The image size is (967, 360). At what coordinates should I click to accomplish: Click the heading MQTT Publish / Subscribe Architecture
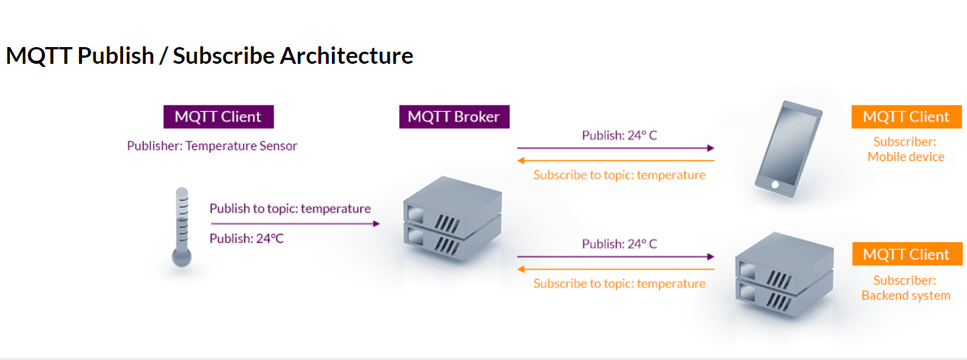pos(209,56)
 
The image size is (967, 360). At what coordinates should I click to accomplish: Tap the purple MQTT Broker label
pos(453,116)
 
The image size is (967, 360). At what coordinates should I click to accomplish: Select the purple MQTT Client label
pos(218,116)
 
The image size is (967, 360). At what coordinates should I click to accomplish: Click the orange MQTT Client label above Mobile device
pos(906,116)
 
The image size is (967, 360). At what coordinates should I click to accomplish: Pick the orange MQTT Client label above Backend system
pos(906,254)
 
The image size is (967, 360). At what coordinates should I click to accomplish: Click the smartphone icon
pos(787,150)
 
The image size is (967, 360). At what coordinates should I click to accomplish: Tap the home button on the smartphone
pos(774,184)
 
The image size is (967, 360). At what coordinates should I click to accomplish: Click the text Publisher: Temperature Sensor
pos(212,146)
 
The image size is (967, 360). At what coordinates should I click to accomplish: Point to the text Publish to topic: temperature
pos(290,208)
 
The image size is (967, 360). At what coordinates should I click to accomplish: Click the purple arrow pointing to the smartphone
pos(615,148)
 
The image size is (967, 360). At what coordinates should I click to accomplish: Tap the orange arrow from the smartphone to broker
pos(615,160)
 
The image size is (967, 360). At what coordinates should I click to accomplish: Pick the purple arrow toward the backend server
pos(615,257)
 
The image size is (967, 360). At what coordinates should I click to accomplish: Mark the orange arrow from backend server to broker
pos(615,269)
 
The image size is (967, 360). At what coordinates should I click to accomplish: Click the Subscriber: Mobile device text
pos(905,149)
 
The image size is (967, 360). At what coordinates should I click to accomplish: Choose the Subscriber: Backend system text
pos(905,288)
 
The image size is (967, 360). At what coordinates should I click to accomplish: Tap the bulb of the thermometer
pos(182,257)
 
